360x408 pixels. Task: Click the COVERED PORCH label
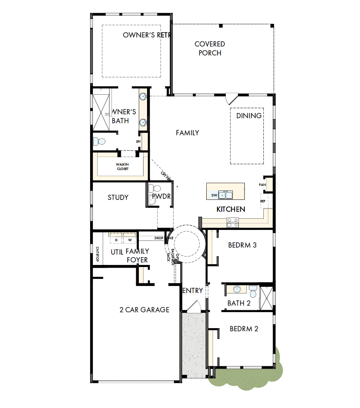point(210,49)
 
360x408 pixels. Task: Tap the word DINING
point(249,116)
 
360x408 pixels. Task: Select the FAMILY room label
point(187,133)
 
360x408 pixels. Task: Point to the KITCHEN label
point(231,209)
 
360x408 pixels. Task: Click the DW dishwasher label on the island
point(214,195)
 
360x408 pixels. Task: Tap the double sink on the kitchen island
point(225,194)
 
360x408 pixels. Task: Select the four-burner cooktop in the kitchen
point(233,222)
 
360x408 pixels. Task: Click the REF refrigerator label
point(263,201)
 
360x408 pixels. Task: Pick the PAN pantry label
point(262,185)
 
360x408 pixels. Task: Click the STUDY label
point(118,198)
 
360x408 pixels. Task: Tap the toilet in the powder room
point(152,189)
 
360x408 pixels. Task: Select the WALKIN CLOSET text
point(122,166)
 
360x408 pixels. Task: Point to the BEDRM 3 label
point(242,245)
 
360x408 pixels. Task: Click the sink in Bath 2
point(237,289)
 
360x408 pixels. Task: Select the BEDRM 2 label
point(244,329)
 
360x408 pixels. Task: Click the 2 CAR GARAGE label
point(144,310)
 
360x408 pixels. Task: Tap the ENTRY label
point(193,291)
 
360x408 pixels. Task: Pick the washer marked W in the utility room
point(129,239)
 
